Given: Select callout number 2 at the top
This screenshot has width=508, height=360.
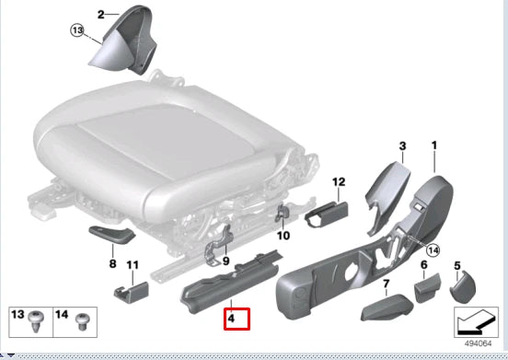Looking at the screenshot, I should click(102, 14).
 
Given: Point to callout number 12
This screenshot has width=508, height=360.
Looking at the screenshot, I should click(338, 182).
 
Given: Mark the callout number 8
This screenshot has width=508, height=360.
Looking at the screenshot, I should click(112, 264).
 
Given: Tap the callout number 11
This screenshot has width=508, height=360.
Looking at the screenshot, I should click(132, 265).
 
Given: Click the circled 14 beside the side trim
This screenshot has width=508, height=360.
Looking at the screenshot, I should click(433, 248).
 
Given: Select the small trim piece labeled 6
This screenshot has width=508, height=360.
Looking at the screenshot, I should click(426, 292).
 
